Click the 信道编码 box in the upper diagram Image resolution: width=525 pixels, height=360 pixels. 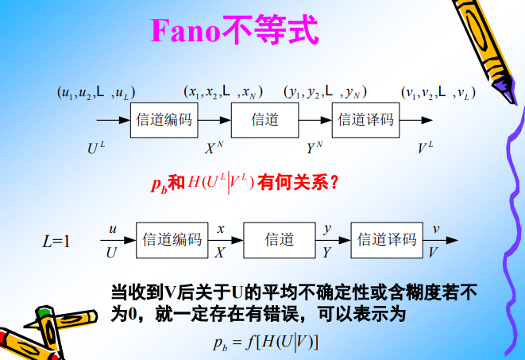click(x=164, y=120)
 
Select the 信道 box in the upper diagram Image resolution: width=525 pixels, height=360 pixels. click(x=264, y=120)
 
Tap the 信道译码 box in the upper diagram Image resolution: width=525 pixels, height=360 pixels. click(x=365, y=120)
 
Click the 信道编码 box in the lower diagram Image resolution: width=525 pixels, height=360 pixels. click(x=172, y=239)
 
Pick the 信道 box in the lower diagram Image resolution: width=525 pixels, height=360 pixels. click(x=279, y=239)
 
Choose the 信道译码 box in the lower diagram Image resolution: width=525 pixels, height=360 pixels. click(x=387, y=239)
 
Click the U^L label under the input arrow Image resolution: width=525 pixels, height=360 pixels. click(x=96, y=147)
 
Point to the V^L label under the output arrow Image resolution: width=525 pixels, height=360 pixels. click(x=426, y=147)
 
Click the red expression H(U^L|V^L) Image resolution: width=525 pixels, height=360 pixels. click(x=220, y=183)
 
